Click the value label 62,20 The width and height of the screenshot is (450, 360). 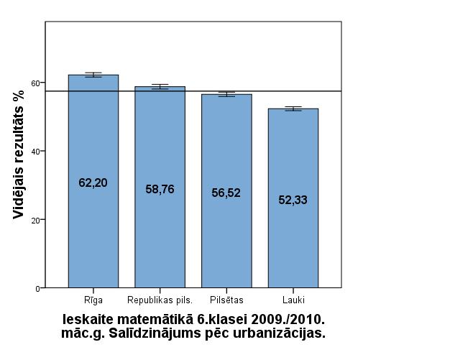point(93,183)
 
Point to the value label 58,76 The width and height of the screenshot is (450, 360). point(160,190)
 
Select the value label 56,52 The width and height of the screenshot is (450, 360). point(226,193)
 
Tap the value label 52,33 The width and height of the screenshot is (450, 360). point(293,200)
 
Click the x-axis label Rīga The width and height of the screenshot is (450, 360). point(93,299)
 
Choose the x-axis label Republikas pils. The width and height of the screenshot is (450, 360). point(160,299)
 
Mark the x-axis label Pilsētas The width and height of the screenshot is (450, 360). point(226,299)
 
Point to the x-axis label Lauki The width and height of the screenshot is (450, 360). point(293,299)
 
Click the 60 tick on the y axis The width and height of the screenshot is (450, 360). point(35,83)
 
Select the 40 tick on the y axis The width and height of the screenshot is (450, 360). point(35,151)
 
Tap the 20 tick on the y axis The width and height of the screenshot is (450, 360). point(35,219)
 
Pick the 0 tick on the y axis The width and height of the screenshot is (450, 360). point(37,288)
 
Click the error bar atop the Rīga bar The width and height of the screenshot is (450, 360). point(93,74)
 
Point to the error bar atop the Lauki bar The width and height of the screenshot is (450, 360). point(293,109)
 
